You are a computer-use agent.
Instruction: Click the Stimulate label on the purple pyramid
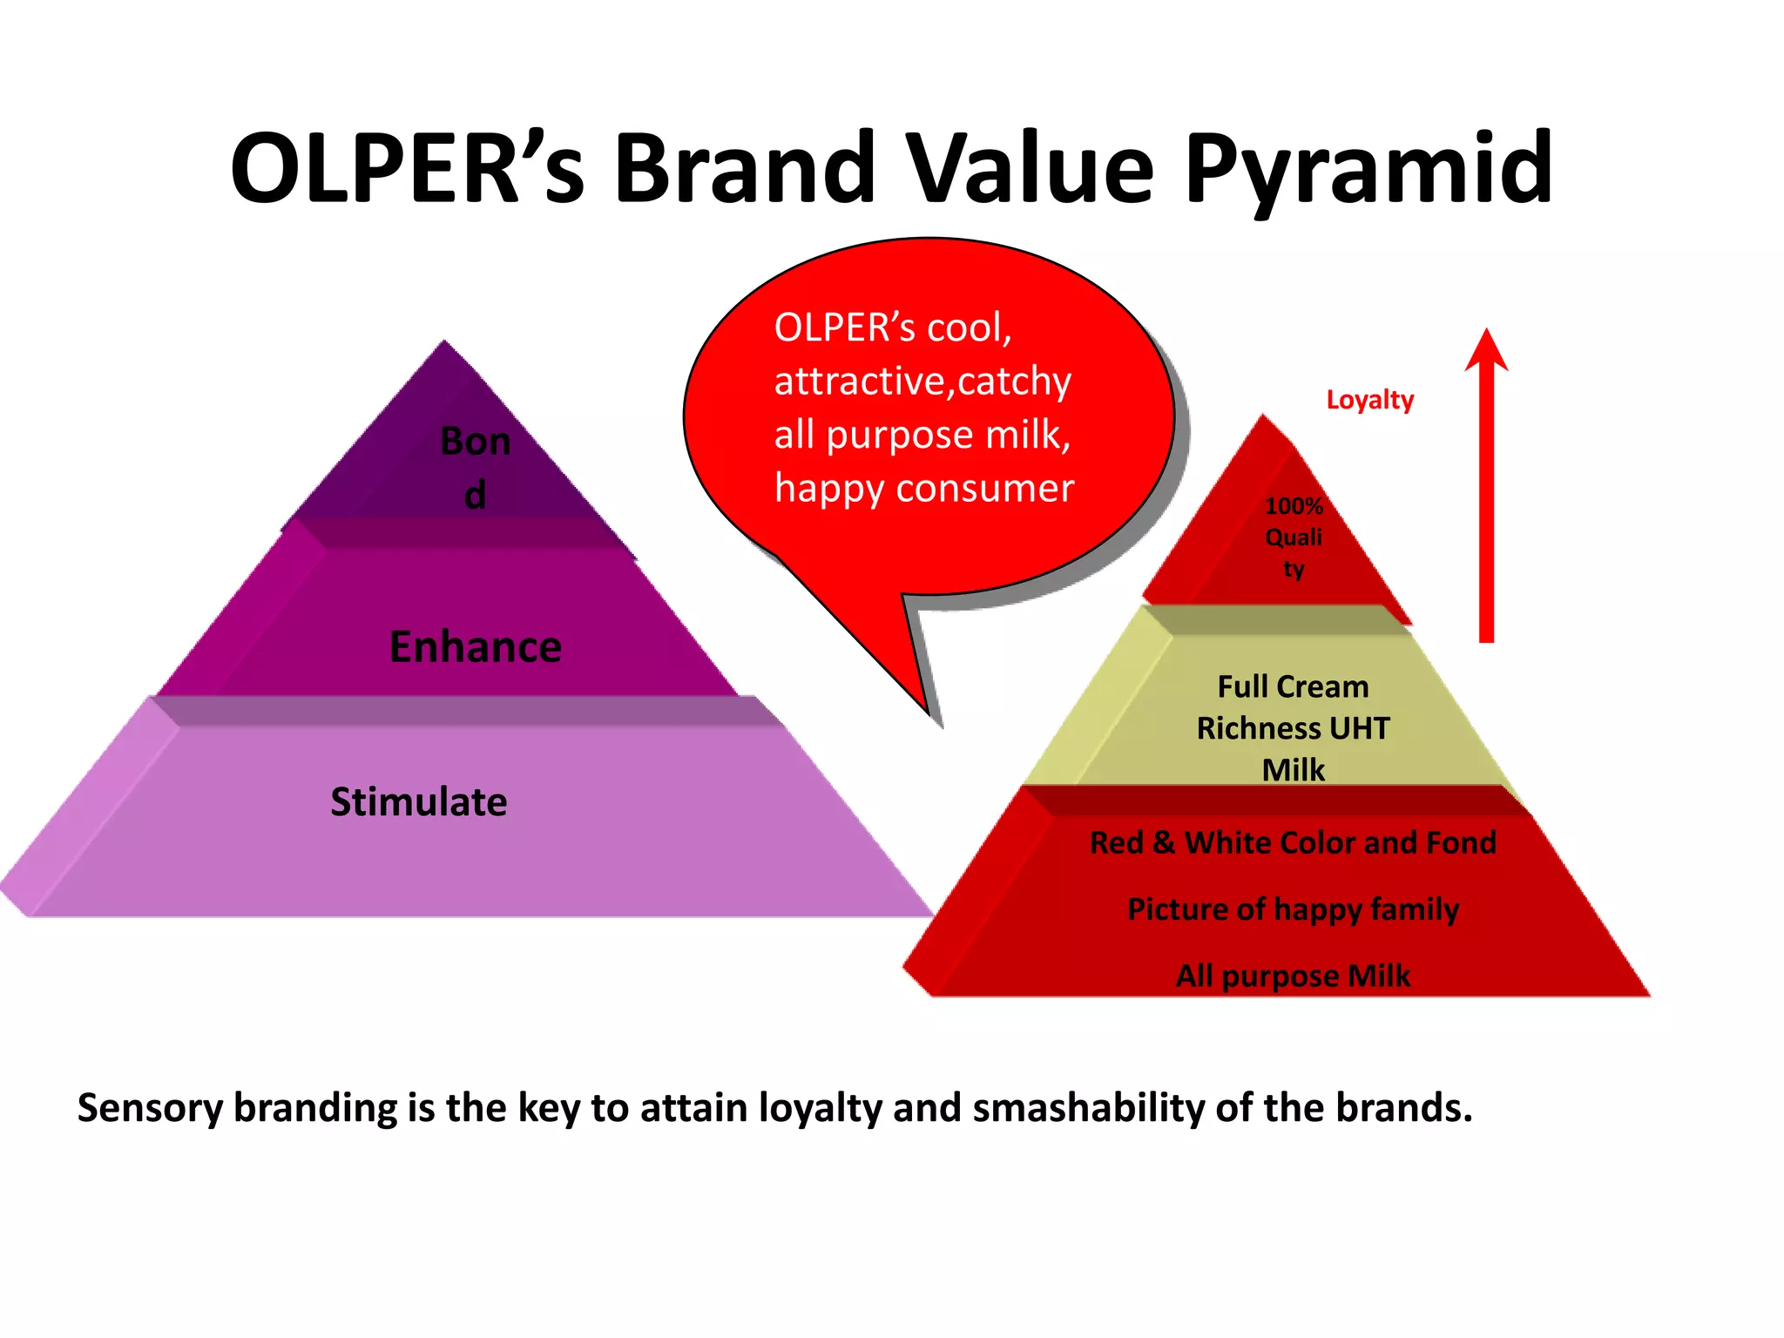pyautogui.click(x=418, y=802)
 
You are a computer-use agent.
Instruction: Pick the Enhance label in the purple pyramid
pyautogui.click(x=476, y=647)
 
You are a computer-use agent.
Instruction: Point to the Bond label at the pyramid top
pyautogui.click(x=475, y=468)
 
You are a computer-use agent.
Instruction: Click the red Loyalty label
pyautogui.click(x=1369, y=400)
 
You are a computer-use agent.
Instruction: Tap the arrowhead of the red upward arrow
pyautogui.click(x=1486, y=351)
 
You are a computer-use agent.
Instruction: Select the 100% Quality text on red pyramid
pyautogui.click(x=1294, y=537)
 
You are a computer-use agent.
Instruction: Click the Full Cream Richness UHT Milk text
pyautogui.click(x=1294, y=728)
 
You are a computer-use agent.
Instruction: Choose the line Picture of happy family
pyautogui.click(x=1293, y=909)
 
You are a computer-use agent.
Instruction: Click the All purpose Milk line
pyautogui.click(x=1293, y=976)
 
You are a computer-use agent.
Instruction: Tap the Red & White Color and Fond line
pyautogui.click(x=1293, y=843)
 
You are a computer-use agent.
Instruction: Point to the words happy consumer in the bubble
pyautogui.click(x=924, y=489)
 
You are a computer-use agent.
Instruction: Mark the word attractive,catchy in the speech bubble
pyautogui.click(x=922, y=382)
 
